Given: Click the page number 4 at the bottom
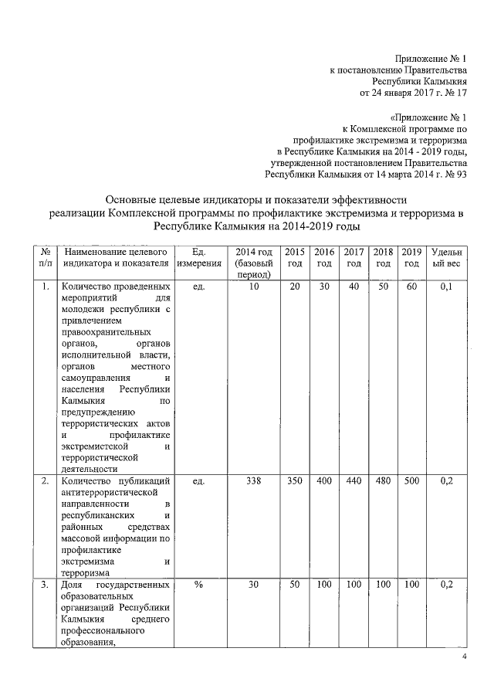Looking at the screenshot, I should pos(464,657).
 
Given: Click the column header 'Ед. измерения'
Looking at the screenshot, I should pos(198,258).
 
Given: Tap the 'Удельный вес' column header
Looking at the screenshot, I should pos(446,258).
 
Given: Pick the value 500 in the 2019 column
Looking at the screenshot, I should pos(412,481).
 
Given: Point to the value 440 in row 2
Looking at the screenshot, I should pos(354,481).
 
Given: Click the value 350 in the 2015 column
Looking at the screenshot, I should pos(294,481).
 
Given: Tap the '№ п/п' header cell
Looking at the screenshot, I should pos(44,258).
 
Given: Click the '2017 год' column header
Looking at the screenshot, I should pos(354,258).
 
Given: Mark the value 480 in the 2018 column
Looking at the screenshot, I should pos(383,481).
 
